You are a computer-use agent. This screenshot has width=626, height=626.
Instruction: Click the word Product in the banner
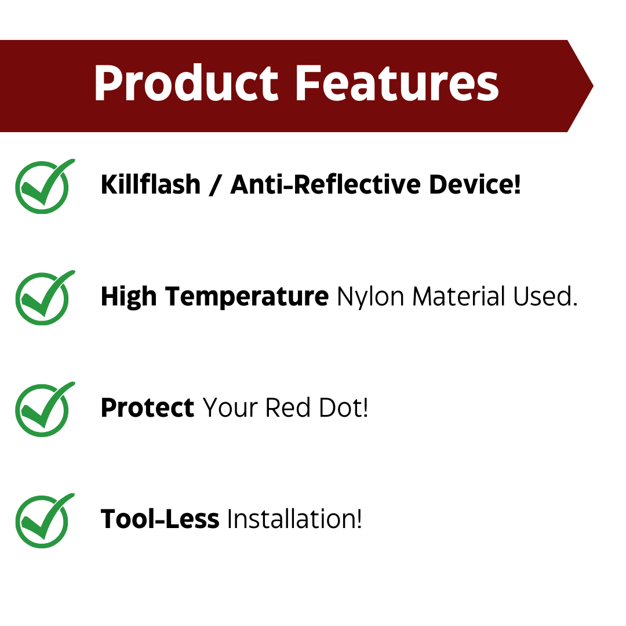(x=186, y=84)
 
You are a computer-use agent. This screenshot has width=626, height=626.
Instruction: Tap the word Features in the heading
(x=397, y=84)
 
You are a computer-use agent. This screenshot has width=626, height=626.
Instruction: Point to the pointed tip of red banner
(x=591, y=86)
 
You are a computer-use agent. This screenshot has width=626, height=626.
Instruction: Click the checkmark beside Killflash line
(x=43, y=186)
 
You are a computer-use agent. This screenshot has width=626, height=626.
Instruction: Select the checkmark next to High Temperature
(x=43, y=297)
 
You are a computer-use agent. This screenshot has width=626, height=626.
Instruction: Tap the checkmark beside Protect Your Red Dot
(x=43, y=409)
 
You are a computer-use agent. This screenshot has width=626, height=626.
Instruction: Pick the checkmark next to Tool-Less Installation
(x=43, y=521)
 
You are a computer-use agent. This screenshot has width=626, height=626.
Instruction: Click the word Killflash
(x=151, y=185)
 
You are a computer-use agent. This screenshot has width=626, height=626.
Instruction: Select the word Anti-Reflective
(x=325, y=185)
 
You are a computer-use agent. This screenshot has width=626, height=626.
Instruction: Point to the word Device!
(x=475, y=185)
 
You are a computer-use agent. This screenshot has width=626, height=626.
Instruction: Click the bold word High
(x=129, y=297)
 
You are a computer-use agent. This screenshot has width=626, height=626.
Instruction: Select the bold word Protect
(x=147, y=408)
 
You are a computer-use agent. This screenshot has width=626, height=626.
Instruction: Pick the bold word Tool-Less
(x=160, y=519)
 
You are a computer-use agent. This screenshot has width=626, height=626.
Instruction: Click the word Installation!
(x=294, y=519)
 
